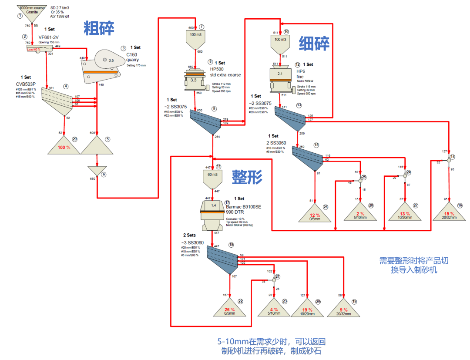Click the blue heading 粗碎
(x=99, y=28)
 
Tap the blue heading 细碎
(x=314, y=44)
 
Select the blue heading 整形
(x=247, y=177)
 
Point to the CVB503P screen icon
(x=59, y=100)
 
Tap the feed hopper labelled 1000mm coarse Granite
(x=32, y=10)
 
